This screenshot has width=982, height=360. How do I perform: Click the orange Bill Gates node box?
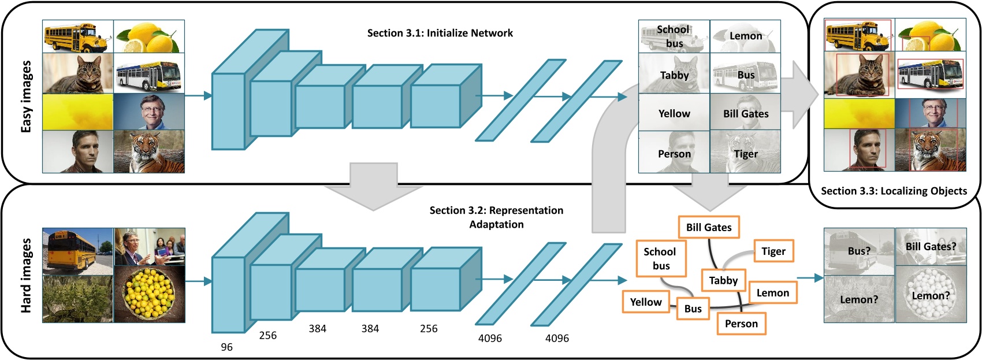click(x=708, y=227)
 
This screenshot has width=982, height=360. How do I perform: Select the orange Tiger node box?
click(x=773, y=251)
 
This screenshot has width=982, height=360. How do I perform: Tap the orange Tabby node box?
click(x=723, y=280)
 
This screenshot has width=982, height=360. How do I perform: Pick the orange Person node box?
click(x=741, y=324)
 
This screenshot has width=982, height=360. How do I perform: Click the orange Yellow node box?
click(x=645, y=302)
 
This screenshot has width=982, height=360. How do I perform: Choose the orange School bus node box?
click(x=660, y=258)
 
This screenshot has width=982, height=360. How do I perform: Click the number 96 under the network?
click(x=226, y=347)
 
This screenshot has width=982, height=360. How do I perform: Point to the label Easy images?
click(x=26, y=97)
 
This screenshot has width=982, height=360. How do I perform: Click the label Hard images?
click(x=26, y=276)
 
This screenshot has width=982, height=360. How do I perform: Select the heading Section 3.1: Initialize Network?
click(x=440, y=33)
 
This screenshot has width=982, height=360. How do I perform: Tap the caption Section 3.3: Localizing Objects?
click(x=893, y=191)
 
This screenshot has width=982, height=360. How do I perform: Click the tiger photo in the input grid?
click(x=149, y=151)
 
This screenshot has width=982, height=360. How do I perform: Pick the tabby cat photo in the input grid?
click(x=78, y=73)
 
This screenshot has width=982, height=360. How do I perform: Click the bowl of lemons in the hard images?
click(x=149, y=294)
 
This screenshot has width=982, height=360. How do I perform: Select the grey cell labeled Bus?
click(x=858, y=251)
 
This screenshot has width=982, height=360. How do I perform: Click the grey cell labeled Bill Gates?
click(x=931, y=247)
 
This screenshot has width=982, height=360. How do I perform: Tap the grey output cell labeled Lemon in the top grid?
click(x=745, y=36)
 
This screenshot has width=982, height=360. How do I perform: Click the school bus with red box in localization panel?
click(x=858, y=35)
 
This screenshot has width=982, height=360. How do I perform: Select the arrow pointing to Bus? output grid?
click(x=810, y=278)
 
